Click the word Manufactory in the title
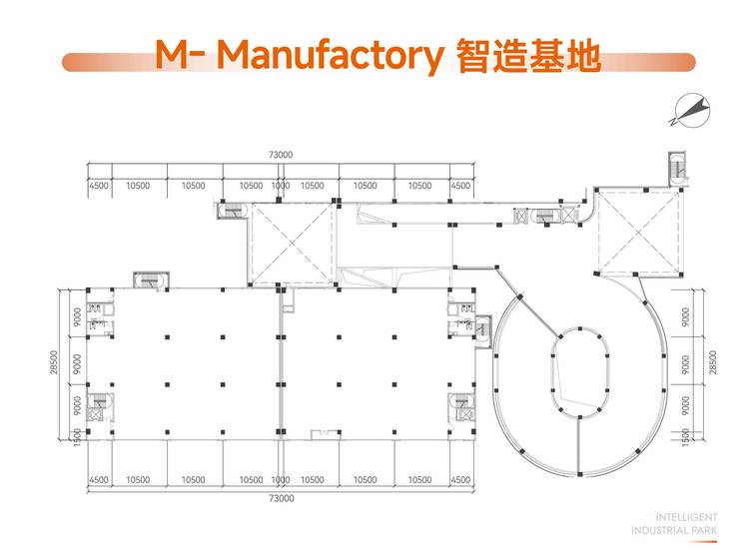(x=331, y=56)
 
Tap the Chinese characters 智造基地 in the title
(x=528, y=56)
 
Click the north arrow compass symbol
(x=690, y=110)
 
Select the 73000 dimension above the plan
(x=281, y=155)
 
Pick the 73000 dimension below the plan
(x=282, y=498)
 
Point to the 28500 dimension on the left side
(x=54, y=362)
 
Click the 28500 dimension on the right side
(x=713, y=362)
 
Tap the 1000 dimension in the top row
(x=281, y=186)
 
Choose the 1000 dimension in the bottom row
(x=281, y=480)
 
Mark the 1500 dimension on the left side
(x=78, y=436)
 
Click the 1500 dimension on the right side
(x=686, y=436)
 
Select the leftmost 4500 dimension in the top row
(x=99, y=186)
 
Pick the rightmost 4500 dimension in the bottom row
(x=460, y=480)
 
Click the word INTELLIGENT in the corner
(x=686, y=517)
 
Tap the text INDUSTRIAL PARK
(x=674, y=530)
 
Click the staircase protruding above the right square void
(x=677, y=169)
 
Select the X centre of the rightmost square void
(x=639, y=233)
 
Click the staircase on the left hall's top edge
(x=151, y=279)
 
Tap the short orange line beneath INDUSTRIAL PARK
(x=703, y=542)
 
